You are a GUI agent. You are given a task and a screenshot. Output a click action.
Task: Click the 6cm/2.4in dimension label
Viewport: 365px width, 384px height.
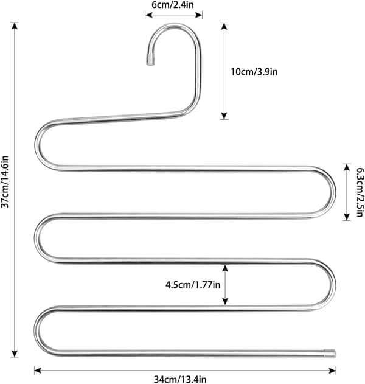pos(173,5)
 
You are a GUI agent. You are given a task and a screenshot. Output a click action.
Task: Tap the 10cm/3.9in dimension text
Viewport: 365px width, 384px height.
pos(254,72)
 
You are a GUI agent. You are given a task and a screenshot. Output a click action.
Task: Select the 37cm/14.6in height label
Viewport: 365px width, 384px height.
pos(5,181)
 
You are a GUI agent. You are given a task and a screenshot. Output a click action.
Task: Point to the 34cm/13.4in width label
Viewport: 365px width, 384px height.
pos(180,379)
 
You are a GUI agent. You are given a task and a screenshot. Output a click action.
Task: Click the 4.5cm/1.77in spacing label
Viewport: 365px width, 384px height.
pos(193,285)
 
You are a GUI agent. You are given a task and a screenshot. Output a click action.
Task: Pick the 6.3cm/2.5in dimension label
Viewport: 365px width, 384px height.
pos(360,192)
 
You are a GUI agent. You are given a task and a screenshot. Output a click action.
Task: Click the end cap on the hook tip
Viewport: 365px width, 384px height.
pos(150,59)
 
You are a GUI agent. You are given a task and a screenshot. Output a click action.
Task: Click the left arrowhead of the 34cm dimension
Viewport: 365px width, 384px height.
pos(38,371)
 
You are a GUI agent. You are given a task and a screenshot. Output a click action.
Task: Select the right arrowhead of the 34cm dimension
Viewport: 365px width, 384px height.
pos(332,371)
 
